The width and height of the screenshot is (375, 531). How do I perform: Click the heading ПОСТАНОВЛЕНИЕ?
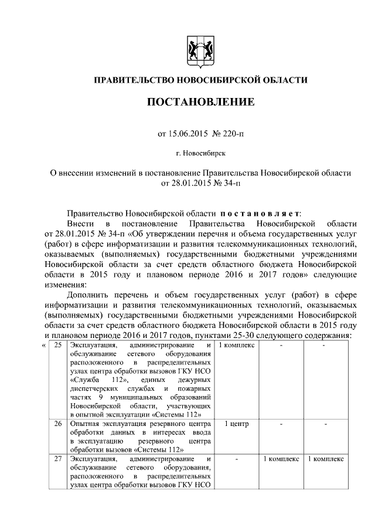200,102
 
